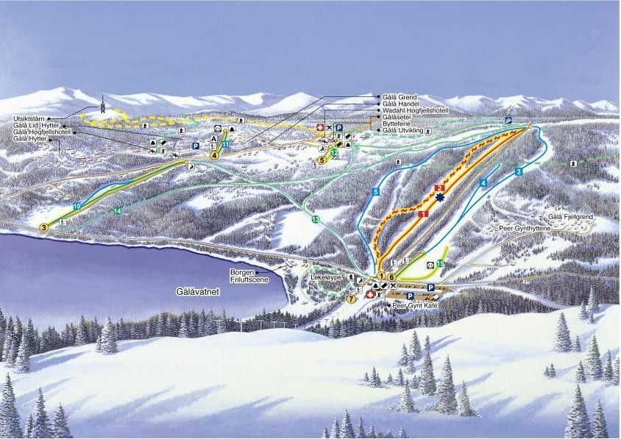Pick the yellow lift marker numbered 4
pyautogui.click(x=214, y=155)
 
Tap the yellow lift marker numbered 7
pyautogui.click(x=351, y=299)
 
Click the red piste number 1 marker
pyautogui.click(x=423, y=213)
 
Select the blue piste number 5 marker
pyautogui.click(x=375, y=192)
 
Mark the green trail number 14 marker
pyautogui.click(x=118, y=211)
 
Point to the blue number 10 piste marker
pyautogui.click(x=77, y=206)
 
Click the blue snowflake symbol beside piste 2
pyautogui.click(x=440, y=198)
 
